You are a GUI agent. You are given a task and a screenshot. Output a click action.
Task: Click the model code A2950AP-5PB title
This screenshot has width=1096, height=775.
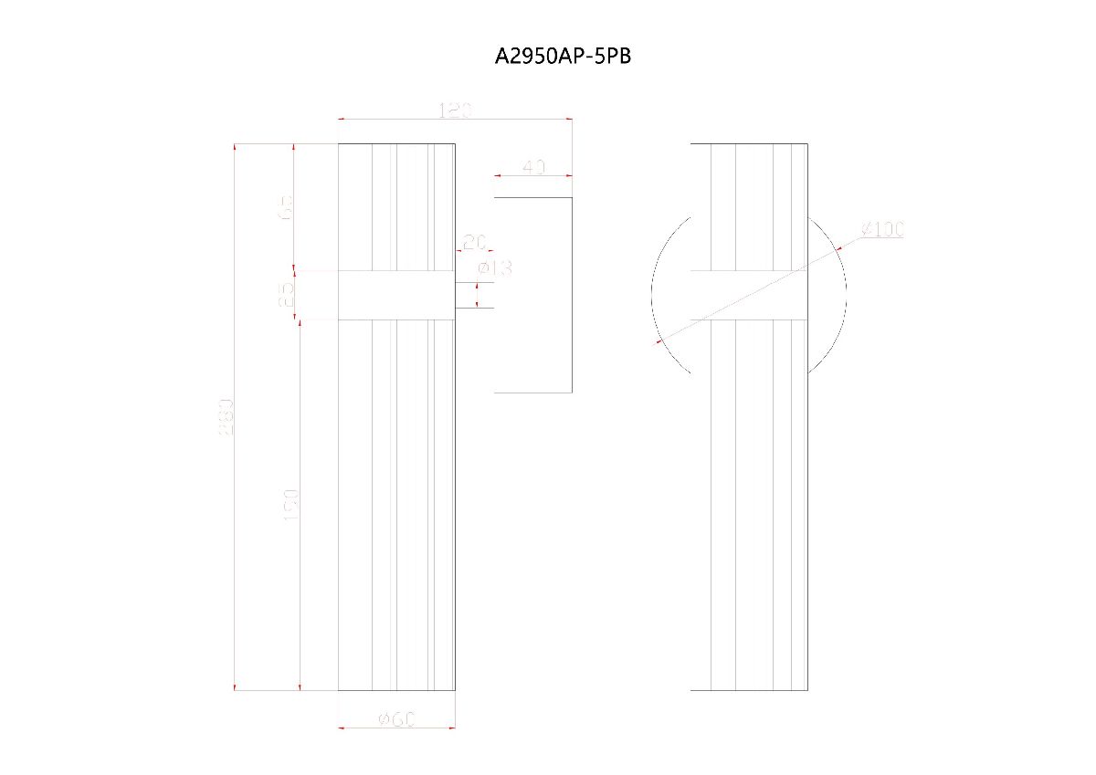point(563,57)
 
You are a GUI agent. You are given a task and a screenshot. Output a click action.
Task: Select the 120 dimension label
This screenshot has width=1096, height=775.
point(455,111)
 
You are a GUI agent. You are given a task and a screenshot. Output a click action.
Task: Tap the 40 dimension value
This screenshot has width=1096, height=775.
point(533,167)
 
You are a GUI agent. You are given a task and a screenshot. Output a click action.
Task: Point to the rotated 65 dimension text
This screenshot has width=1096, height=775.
point(286,207)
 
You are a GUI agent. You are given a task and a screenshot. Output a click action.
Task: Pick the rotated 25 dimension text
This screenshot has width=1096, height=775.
point(286,294)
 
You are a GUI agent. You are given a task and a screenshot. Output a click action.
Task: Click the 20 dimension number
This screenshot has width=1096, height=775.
point(474,242)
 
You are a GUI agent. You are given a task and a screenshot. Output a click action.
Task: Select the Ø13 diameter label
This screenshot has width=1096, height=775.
point(495,267)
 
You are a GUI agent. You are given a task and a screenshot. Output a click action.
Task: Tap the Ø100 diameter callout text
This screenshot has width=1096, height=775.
point(881,228)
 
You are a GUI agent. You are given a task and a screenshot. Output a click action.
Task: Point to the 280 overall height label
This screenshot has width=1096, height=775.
point(227,416)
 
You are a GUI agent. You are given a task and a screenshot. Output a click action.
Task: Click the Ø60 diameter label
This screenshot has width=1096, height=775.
point(397,719)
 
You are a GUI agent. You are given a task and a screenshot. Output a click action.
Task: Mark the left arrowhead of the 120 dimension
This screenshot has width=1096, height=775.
point(342,119)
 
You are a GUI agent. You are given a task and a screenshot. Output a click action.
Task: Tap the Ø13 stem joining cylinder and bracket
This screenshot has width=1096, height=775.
point(474,295)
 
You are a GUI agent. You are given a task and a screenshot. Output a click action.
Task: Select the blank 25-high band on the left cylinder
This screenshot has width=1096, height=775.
point(396,295)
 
